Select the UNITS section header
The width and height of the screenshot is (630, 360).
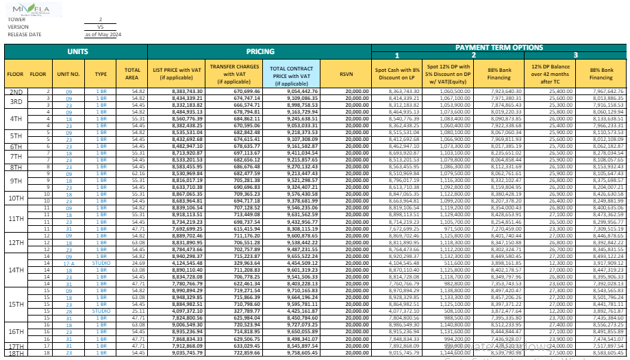point(77,51)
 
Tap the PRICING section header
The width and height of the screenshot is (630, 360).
point(260,51)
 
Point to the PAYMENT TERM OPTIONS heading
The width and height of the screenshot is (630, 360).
point(499,47)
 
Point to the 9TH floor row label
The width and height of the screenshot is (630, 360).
point(16,181)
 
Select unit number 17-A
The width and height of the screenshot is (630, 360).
point(68,263)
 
